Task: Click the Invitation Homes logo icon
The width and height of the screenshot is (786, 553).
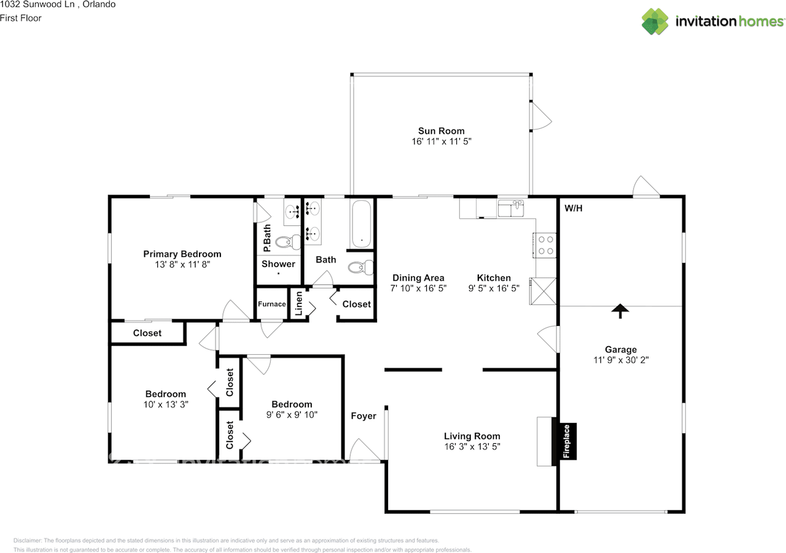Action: coord(655,21)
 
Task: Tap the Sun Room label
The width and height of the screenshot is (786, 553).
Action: coord(441,131)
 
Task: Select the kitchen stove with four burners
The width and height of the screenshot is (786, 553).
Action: coord(545,245)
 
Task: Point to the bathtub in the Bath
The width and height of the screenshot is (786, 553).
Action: coord(362,224)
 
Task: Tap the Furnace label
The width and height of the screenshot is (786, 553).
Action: coord(271,304)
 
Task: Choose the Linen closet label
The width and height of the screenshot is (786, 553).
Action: coord(298,304)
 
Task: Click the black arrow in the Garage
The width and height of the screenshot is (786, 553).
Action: coord(620,311)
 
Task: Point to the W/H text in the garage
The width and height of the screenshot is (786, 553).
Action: coord(574,208)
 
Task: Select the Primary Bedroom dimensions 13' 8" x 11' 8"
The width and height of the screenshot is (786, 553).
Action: coord(182,265)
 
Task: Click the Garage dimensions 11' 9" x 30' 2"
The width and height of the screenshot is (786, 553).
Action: coord(621,360)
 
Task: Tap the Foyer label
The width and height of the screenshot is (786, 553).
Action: coord(363,416)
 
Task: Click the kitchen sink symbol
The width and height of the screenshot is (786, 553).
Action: coord(511,208)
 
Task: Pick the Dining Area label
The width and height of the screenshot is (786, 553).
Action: coord(418,277)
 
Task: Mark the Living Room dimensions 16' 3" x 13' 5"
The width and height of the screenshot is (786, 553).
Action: coord(472,446)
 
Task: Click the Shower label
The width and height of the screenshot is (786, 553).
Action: coord(278,264)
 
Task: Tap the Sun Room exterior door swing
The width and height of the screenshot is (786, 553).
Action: coord(542,116)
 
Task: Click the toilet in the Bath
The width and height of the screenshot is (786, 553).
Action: coord(360,268)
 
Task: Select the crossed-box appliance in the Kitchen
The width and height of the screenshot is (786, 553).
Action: coord(543,291)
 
